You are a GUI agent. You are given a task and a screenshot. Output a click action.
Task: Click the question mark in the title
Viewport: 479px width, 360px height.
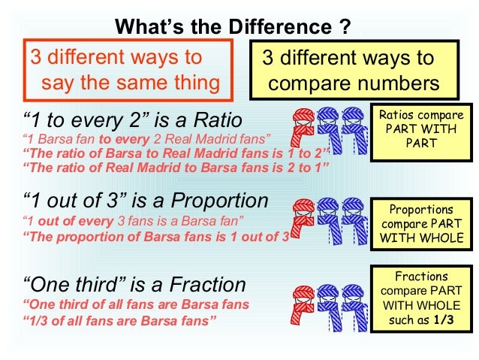(345, 29)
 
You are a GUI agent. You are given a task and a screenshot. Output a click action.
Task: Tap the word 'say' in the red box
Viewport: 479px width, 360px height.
(59, 82)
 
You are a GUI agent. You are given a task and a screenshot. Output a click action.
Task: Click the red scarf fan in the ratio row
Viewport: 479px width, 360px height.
(304, 132)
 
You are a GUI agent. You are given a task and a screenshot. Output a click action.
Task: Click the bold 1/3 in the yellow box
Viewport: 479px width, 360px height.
(449, 322)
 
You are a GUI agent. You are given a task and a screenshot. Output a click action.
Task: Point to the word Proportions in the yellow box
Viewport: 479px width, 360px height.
(421, 210)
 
